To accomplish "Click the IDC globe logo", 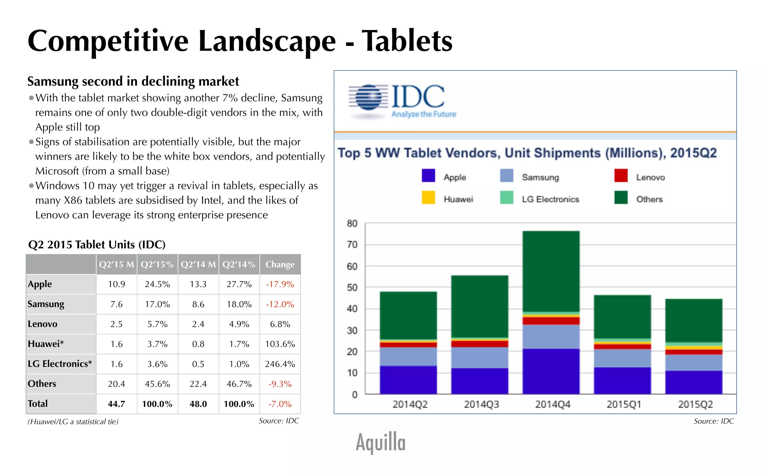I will coord(368,97).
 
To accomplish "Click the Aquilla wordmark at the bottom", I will coord(380,442).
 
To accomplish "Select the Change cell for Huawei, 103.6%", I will coord(280,344).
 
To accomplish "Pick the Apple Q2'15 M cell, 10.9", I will coord(116,284).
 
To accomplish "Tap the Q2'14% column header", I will coord(239,264).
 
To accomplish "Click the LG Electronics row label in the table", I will coord(60,364).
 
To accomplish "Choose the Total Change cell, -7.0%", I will coord(280,404).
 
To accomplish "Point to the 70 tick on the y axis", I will coord(352,245).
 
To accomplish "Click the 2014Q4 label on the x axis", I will coord(553,404).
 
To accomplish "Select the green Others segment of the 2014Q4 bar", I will coord(551,271).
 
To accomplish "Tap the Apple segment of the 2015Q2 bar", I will coord(694,382).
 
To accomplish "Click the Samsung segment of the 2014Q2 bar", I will coord(408,356).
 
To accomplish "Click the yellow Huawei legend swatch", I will coord(428,197).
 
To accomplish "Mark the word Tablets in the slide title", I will coord(407,41).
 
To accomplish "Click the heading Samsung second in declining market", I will coord(133,81).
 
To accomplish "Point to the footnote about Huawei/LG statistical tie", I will coord(73,422).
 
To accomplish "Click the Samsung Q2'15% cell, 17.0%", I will coord(157,304).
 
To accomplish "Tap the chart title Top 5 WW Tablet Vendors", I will coord(526,153).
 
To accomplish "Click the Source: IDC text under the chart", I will coord(713,421).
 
